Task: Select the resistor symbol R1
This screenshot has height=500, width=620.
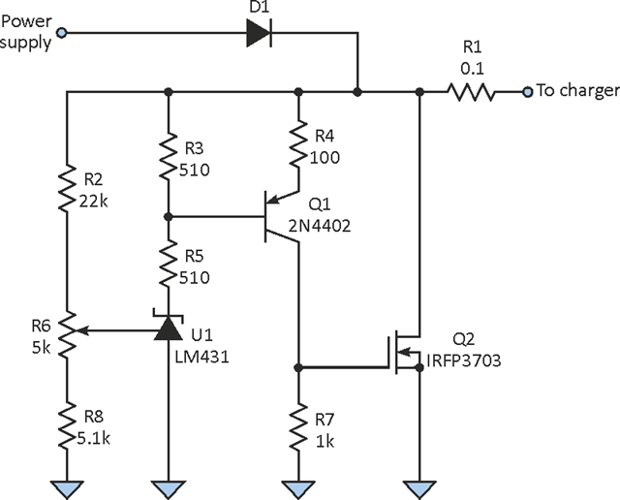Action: pos(472,92)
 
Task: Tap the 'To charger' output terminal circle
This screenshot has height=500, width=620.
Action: pos(527,92)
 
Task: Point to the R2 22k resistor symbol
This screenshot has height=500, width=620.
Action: pos(67,189)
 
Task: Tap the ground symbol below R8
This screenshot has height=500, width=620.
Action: pos(67,486)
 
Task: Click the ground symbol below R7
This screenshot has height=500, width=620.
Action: pos(297,486)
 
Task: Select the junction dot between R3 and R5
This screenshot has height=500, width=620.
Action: pos(170,215)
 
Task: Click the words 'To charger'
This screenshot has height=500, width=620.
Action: pos(577,91)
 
